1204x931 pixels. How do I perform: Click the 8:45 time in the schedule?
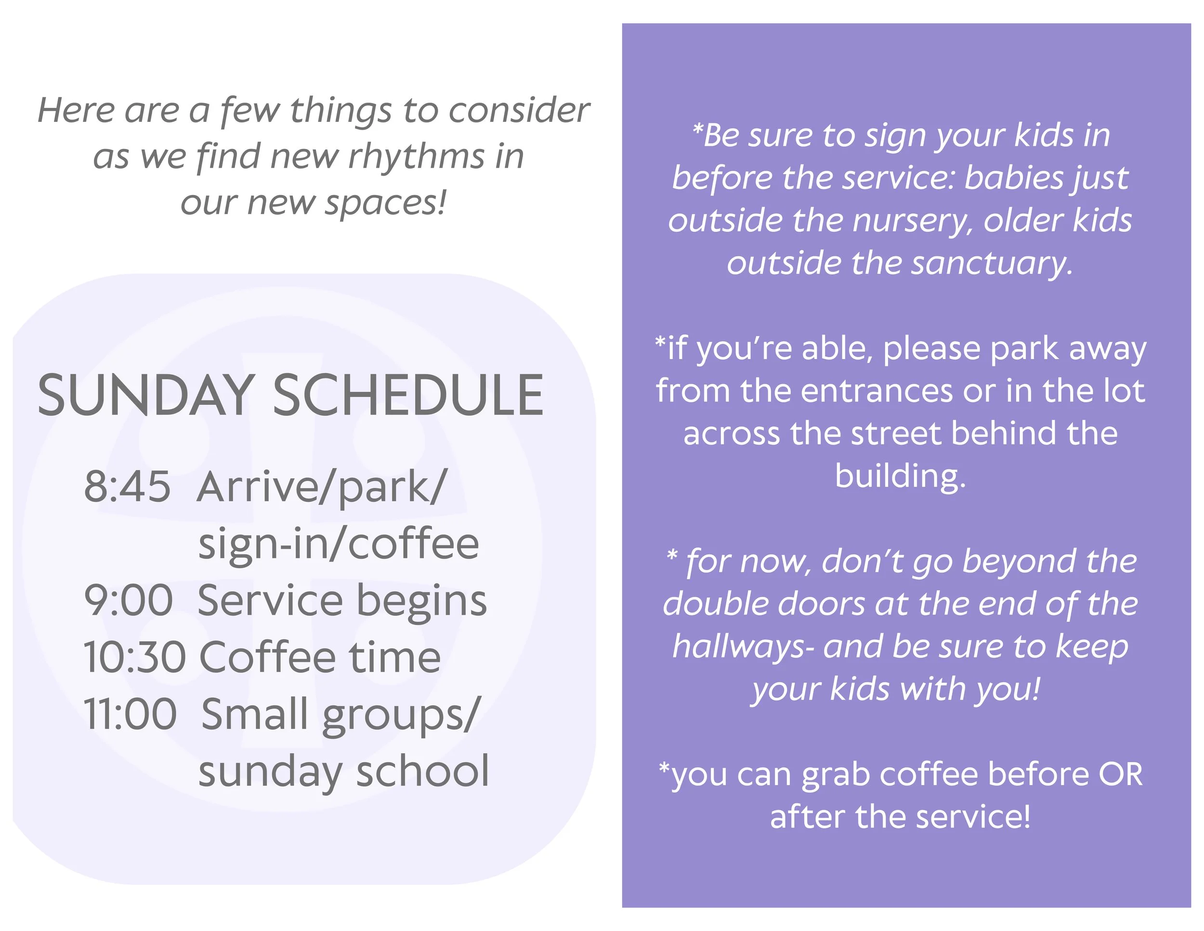[x=127, y=487]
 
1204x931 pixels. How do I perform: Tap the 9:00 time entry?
[x=129, y=600]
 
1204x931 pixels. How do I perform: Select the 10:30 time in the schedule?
[x=134, y=657]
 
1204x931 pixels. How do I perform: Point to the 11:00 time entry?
[x=130, y=714]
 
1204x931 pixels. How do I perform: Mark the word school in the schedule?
[x=423, y=771]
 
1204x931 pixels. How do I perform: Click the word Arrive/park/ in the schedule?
[x=320, y=488]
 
